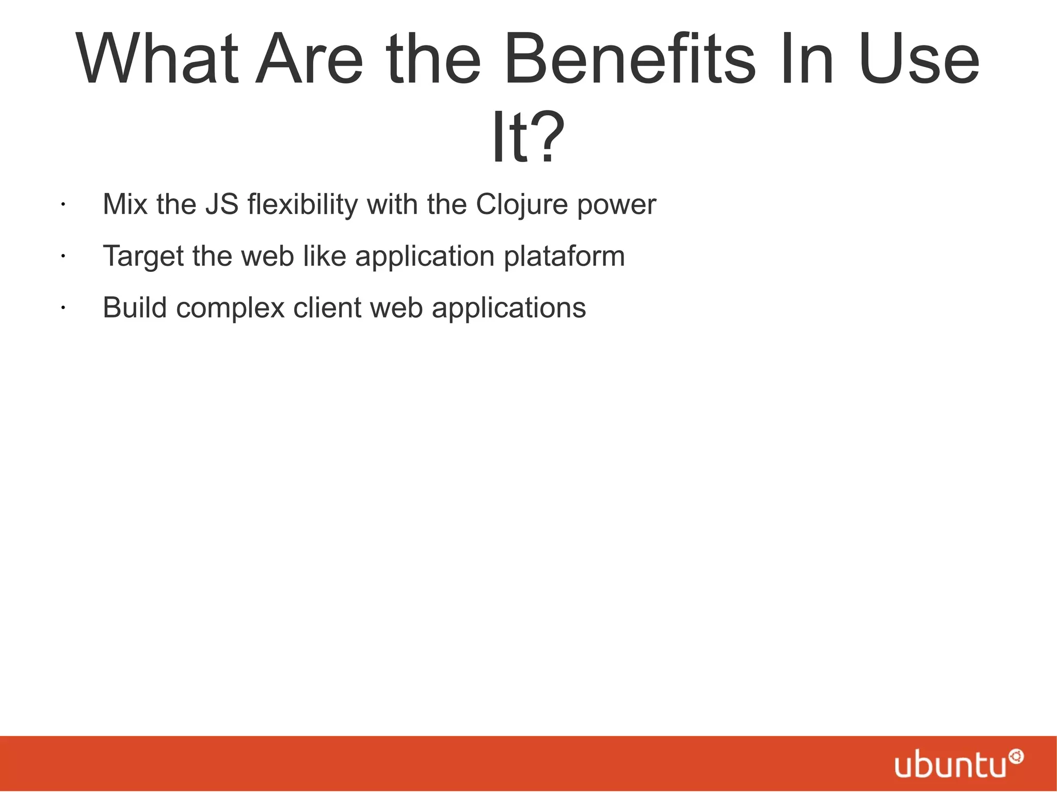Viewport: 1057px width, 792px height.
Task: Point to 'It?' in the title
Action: point(527,137)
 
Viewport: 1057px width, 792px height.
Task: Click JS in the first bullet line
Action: point(221,204)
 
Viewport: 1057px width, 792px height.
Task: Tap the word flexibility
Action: point(302,205)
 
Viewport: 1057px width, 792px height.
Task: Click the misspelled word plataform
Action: point(564,256)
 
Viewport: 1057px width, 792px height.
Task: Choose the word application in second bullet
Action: point(425,256)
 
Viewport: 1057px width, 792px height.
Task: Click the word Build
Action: point(135,308)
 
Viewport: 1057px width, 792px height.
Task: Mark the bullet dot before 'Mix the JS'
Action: point(61,205)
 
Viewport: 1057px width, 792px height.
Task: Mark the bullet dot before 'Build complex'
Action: point(61,308)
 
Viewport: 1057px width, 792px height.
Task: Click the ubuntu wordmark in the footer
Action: point(950,765)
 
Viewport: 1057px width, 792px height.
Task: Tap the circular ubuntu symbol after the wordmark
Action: point(1016,757)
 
